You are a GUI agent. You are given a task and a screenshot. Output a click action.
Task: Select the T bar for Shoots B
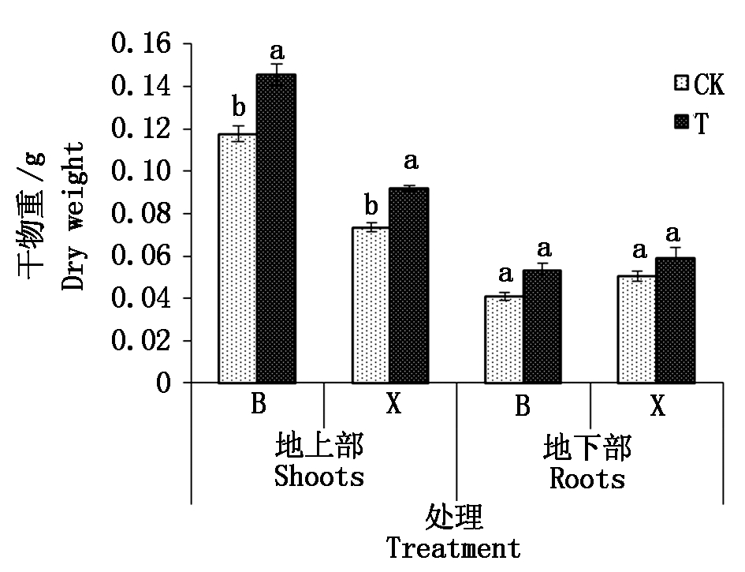(275, 229)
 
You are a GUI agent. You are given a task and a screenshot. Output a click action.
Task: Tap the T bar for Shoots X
(408, 286)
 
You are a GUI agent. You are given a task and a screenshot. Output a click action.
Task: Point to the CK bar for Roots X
(636, 330)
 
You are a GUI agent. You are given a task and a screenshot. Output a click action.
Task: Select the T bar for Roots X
(675, 320)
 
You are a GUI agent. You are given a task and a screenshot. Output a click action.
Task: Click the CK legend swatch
(682, 84)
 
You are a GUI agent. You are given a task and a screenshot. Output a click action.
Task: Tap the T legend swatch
(682, 122)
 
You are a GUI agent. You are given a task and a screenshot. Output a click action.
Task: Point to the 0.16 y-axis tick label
(141, 44)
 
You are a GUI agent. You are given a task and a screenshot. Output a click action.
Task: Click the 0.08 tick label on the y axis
(141, 214)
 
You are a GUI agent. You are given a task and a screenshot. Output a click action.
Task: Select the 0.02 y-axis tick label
(141, 341)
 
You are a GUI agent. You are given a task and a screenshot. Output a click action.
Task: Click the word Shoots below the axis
(319, 477)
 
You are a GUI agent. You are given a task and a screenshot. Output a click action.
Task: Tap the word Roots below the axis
(587, 478)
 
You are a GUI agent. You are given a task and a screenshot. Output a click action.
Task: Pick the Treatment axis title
(453, 548)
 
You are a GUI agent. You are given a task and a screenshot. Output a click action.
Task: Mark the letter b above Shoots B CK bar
(237, 105)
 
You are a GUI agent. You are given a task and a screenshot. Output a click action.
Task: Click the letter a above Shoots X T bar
(411, 162)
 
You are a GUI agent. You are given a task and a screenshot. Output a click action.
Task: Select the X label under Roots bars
(657, 406)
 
